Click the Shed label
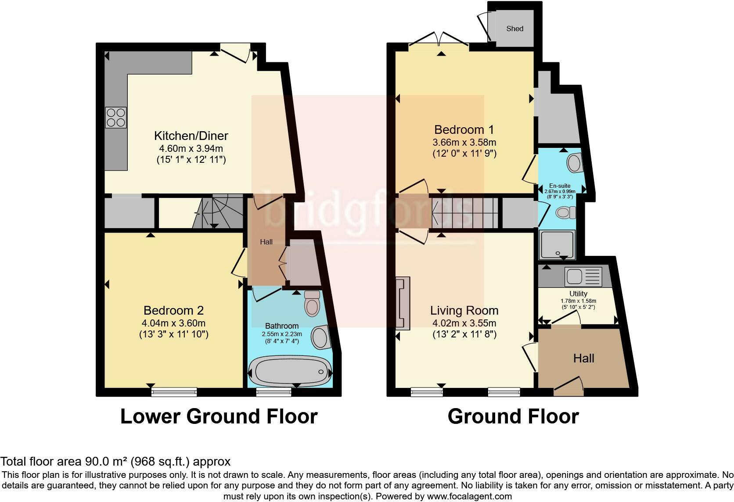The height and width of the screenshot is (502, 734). (x=515, y=29)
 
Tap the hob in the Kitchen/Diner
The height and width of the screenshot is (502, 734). (x=115, y=118)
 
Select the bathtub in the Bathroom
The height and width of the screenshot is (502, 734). (x=290, y=372)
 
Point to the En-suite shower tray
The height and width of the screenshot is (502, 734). (x=557, y=244)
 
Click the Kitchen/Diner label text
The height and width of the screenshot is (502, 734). (x=191, y=136)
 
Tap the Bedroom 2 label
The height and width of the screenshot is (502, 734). (x=174, y=310)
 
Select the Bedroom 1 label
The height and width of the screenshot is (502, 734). (x=464, y=130)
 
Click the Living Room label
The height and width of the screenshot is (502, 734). (x=464, y=310)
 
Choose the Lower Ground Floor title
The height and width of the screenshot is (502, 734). (x=219, y=416)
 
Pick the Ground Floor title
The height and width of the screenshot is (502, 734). (x=513, y=416)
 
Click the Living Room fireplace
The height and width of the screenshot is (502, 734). (x=403, y=303)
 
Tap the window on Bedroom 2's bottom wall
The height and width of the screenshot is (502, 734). (x=174, y=392)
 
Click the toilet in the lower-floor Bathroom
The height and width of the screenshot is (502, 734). (x=312, y=303)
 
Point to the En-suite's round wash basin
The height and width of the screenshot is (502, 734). (x=575, y=163)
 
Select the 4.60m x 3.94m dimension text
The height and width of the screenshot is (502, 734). (x=191, y=148)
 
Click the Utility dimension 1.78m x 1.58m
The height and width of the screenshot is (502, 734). (x=578, y=301)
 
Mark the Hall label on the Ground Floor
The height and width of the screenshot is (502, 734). (x=583, y=358)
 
